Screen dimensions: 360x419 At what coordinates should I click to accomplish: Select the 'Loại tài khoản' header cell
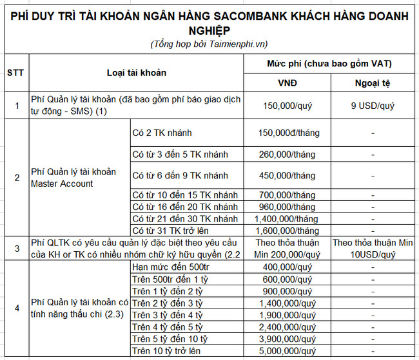136,72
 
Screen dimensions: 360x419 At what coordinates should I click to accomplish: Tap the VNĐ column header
287,84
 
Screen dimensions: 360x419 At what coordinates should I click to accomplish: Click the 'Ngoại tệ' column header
374,84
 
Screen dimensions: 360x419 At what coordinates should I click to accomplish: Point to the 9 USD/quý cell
374,105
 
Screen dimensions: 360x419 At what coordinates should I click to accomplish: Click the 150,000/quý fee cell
287,105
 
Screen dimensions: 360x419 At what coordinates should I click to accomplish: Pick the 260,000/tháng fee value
287,155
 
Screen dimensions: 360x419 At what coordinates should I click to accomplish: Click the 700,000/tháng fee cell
287,195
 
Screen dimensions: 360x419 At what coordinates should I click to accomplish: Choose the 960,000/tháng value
287,207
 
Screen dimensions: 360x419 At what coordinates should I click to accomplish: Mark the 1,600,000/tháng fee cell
287,231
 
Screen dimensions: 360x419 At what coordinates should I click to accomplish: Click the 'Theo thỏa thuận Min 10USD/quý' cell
374,249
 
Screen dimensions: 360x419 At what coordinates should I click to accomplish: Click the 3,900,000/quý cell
287,338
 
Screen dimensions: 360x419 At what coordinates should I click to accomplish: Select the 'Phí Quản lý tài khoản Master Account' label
73,177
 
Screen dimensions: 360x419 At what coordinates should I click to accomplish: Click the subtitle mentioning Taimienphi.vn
209,44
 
